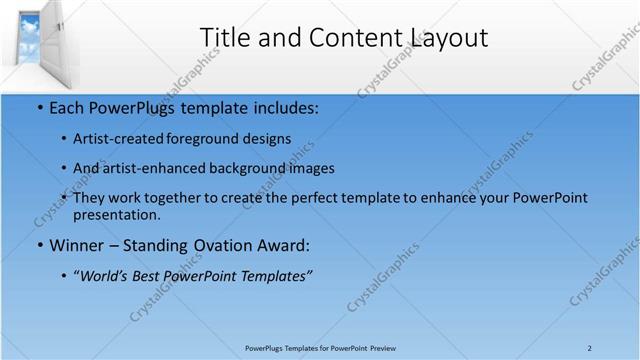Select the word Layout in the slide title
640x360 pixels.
[449, 38]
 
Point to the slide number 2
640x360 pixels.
[590, 348]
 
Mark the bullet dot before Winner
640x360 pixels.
[39, 245]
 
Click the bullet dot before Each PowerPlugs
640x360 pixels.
[39, 107]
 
